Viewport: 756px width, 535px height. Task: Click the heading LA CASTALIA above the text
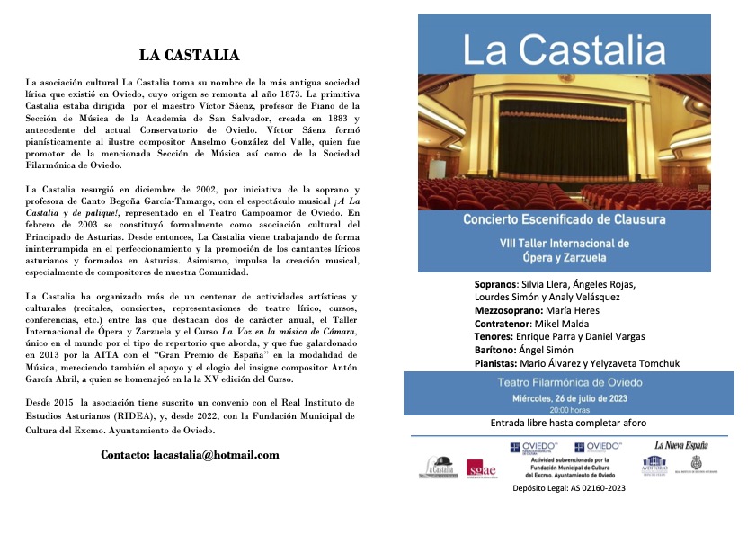coord(189,56)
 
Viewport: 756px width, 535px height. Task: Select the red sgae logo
coord(477,468)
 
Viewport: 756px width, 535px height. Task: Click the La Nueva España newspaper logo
coord(680,445)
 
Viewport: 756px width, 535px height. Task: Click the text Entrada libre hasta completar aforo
coord(568,423)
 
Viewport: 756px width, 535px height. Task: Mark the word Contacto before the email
coord(131,455)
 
